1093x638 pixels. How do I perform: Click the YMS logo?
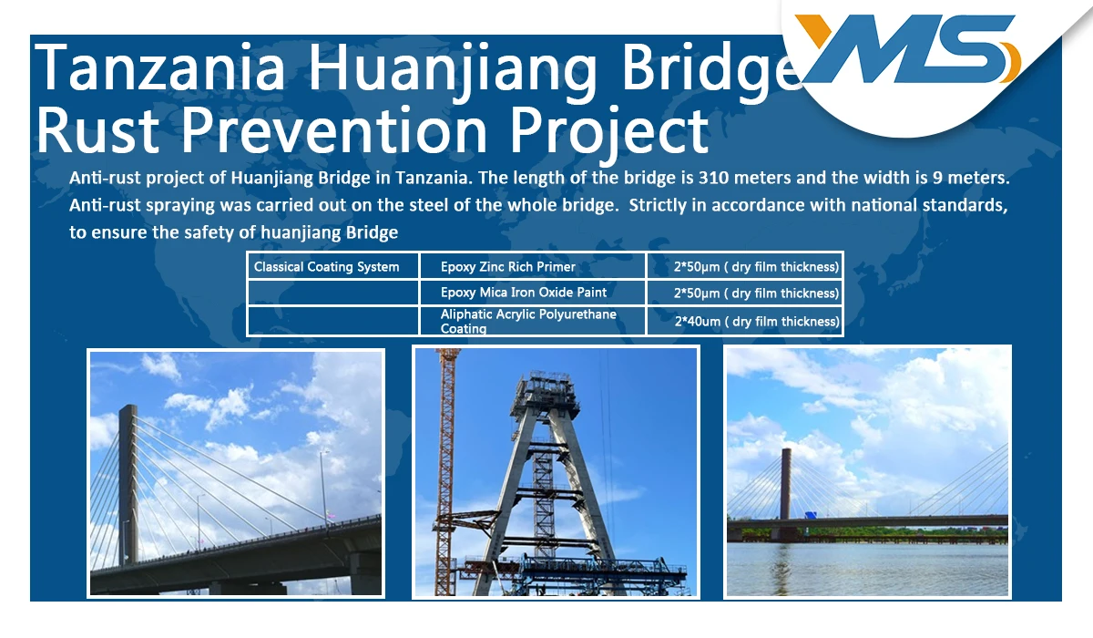tap(907, 49)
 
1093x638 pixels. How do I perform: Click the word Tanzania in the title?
tap(159, 67)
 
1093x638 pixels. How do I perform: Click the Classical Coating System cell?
tap(332, 266)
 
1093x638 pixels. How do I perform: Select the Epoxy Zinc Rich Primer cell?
tap(532, 266)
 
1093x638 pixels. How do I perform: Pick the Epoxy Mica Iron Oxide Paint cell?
tap(532, 293)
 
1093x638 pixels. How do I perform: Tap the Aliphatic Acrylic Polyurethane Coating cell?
tap(532, 321)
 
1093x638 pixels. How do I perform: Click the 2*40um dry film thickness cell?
tap(745, 321)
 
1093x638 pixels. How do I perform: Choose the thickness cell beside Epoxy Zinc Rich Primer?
tap(745, 266)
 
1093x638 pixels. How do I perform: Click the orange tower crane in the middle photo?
tap(445, 468)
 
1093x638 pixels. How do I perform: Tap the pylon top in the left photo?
tap(128, 409)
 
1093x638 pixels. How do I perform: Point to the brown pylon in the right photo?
tap(785, 483)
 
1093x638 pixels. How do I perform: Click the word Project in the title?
tap(609, 132)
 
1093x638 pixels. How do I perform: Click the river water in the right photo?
tap(867, 569)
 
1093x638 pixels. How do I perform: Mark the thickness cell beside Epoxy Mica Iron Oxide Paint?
tap(745, 293)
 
